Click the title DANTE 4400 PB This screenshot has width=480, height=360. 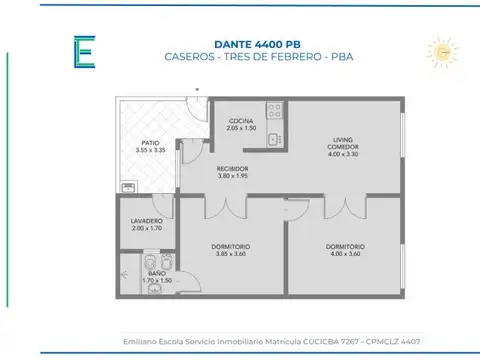[240, 41]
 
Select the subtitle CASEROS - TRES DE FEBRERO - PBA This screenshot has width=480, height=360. [240, 56]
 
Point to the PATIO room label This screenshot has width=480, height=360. [149, 143]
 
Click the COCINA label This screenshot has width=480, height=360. [241, 121]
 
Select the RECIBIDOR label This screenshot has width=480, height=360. [232, 168]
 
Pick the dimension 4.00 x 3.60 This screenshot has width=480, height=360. [345, 253]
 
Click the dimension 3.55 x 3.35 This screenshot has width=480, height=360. [149, 150]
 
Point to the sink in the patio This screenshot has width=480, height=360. [127, 185]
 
